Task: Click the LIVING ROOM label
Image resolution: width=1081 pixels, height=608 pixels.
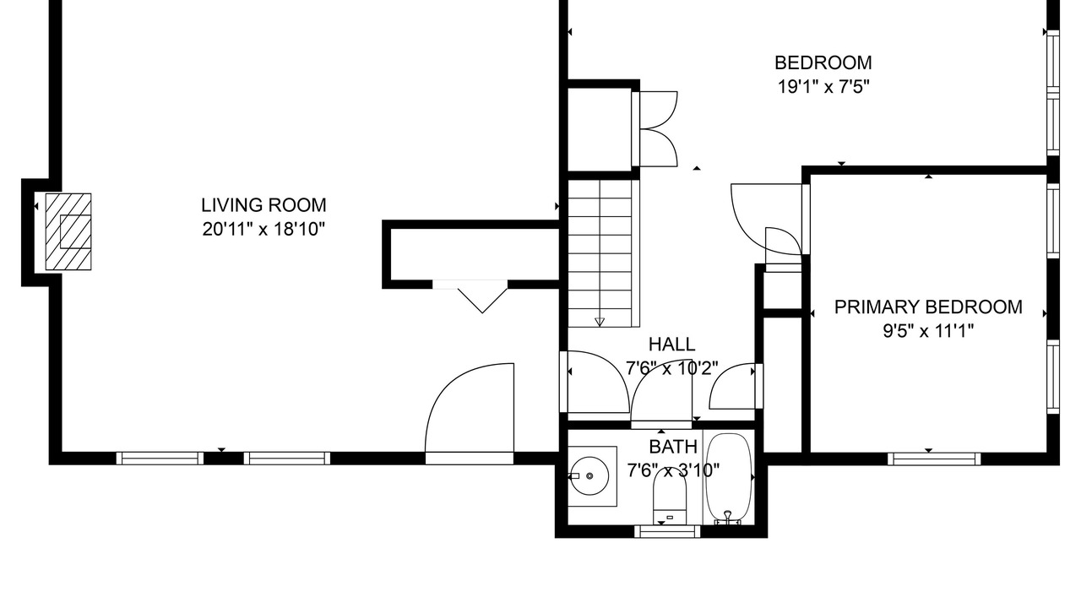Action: [x=263, y=205]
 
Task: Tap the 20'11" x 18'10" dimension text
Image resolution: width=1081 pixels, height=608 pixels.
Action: [x=263, y=229]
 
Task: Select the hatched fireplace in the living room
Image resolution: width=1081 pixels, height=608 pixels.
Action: [x=68, y=231]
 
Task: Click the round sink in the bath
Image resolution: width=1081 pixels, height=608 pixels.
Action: [x=589, y=475]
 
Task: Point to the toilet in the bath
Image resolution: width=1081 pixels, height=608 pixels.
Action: [x=670, y=497]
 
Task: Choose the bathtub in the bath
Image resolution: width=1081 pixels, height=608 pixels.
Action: [x=729, y=477]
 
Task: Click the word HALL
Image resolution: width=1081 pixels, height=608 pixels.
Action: [x=671, y=345]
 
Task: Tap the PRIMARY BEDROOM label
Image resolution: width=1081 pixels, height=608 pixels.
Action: [x=928, y=307]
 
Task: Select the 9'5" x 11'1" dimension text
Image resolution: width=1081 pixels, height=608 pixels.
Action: [x=928, y=332]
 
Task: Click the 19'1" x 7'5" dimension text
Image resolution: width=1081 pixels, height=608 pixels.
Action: [x=823, y=87]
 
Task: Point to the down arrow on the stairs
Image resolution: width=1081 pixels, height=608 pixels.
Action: [x=600, y=322]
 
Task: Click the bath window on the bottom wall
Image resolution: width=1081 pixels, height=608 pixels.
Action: [x=667, y=531]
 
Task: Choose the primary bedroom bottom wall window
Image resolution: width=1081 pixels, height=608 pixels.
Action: [x=934, y=459]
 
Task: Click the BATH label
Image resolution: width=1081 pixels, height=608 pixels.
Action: [x=673, y=447]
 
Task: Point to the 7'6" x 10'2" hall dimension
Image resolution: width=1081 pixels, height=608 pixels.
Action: [x=671, y=369]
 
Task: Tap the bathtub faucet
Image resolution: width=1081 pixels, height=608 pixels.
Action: [x=728, y=518]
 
